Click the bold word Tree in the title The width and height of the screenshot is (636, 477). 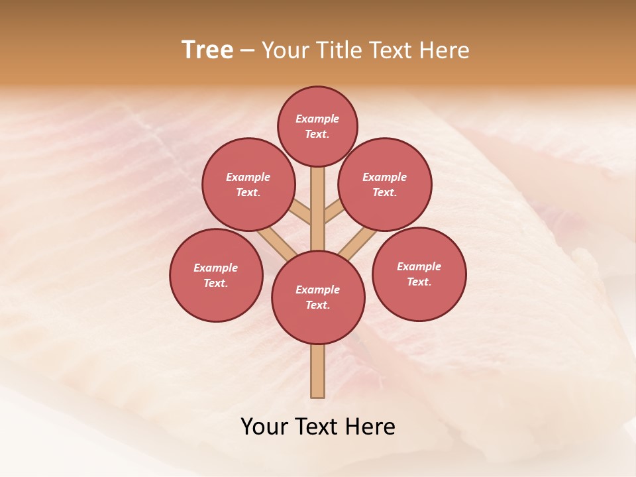click(207, 50)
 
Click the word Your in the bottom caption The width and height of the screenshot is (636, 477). click(264, 427)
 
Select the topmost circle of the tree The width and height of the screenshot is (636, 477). click(317, 126)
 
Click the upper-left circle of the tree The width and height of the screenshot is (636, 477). click(248, 184)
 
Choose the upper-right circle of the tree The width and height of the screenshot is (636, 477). click(384, 184)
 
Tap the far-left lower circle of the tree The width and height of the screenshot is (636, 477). click(216, 275)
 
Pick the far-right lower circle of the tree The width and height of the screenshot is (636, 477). click(419, 274)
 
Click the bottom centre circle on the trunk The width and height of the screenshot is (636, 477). click(318, 297)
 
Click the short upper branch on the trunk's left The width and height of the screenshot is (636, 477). click(301, 213)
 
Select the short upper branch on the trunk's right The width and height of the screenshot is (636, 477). click(334, 212)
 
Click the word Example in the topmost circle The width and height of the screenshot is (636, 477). click(317, 119)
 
